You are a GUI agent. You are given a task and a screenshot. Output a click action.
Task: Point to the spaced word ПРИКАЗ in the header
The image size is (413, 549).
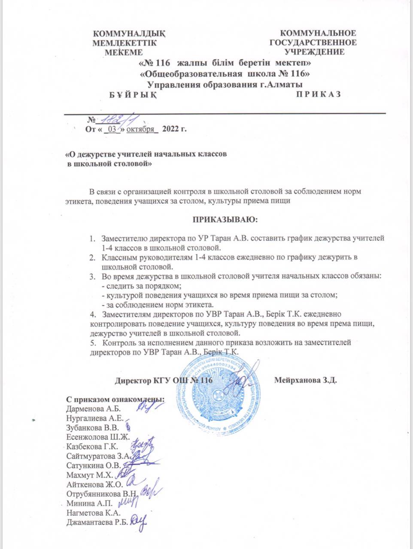pyautogui.click(x=318, y=94)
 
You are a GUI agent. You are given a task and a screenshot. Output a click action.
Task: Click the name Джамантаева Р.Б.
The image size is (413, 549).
pyautogui.click(x=97, y=522)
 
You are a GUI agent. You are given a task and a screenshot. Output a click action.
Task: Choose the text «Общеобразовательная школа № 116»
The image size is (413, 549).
pyautogui.click(x=226, y=74)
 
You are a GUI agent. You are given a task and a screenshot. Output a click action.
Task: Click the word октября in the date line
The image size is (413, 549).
pyautogui.click(x=140, y=129)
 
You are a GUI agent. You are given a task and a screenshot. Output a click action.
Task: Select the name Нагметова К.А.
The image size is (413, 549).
pyautogui.click(x=94, y=513)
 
